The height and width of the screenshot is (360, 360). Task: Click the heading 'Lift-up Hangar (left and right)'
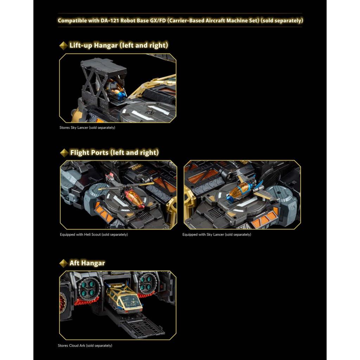point(119,45)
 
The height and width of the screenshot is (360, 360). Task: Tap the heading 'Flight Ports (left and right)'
point(114,153)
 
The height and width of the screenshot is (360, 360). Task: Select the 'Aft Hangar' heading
point(87,263)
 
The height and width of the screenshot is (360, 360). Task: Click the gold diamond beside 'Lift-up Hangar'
point(63,45)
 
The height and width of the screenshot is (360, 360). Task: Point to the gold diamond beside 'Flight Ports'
point(64,153)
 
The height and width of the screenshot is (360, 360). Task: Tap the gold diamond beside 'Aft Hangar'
point(63,263)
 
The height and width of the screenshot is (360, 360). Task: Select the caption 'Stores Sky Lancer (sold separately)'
point(87,128)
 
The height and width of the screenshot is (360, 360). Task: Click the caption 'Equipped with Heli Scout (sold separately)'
point(94,234)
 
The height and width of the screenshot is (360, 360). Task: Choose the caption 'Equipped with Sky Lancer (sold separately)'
point(217,234)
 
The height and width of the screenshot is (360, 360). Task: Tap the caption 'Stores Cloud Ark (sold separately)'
point(85,345)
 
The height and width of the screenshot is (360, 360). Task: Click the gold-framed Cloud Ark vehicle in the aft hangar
point(124,298)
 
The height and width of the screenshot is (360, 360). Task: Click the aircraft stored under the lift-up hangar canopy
point(116,90)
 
